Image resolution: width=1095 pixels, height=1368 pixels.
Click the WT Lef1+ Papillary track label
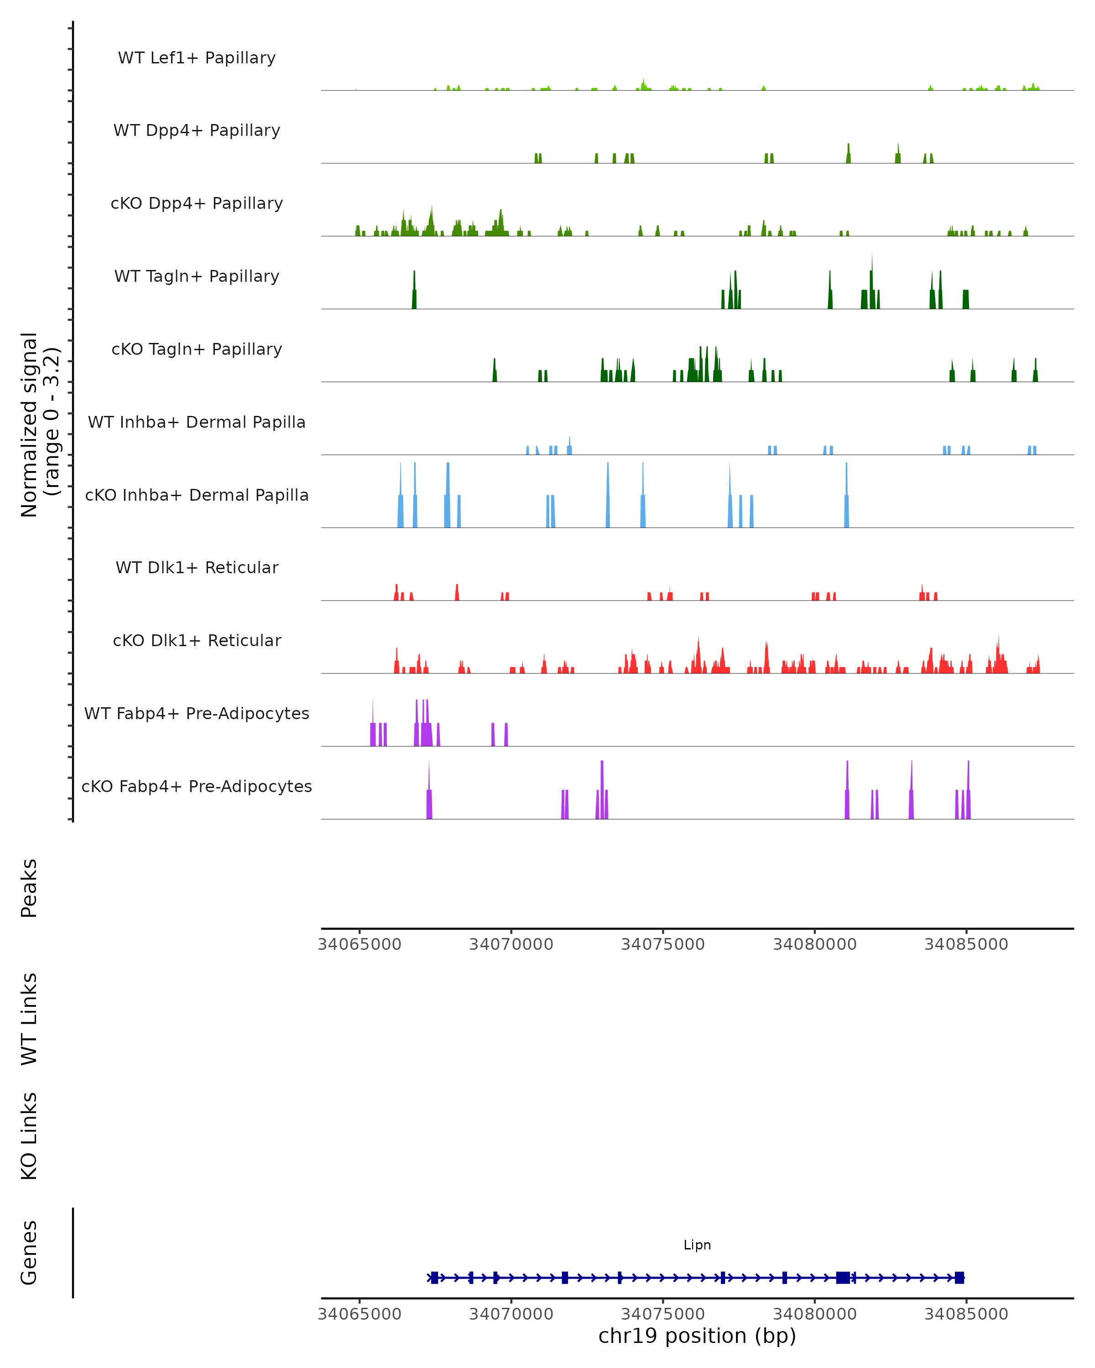click(197, 58)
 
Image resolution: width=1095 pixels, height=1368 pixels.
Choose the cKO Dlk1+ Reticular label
click(197, 640)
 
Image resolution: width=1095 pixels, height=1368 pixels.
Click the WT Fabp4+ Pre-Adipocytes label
click(197, 713)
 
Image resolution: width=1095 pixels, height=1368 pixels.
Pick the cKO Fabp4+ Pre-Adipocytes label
click(197, 786)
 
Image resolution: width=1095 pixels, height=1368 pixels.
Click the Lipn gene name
click(697, 1245)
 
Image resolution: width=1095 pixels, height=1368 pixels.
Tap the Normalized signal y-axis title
click(39, 425)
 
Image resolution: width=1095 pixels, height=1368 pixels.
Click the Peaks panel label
click(29, 888)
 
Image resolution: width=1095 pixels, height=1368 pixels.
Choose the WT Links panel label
click(29, 1018)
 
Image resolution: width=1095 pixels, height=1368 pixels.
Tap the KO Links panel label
click(29, 1136)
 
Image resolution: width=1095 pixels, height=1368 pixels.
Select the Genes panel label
click(29, 1253)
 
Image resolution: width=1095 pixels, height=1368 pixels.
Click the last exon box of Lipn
click(959, 1277)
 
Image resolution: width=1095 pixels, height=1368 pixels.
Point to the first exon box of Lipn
click(434, 1277)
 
